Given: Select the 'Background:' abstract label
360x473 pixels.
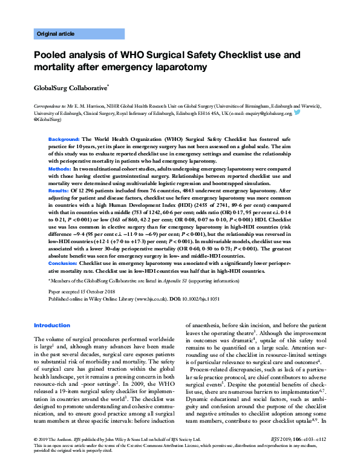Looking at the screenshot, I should pyautogui.click(x=64, y=139).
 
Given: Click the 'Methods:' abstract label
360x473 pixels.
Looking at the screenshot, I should pyautogui.click(x=61, y=168).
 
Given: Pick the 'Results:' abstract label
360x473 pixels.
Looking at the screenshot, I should pyautogui.click(x=59, y=190).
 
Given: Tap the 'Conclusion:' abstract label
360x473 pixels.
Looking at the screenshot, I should pyautogui.click(x=64, y=263).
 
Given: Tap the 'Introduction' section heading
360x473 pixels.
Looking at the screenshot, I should pyautogui.click(x=52, y=325).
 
